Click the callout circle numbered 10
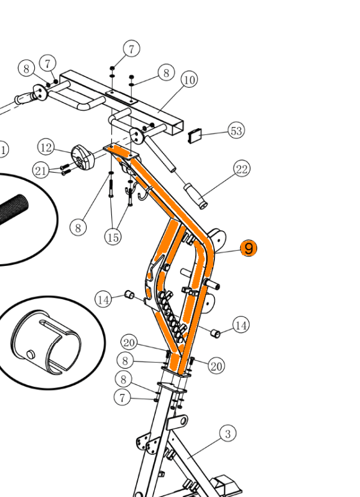pyautogui.click(x=190, y=79)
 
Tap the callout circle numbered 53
pyautogui.click(x=237, y=131)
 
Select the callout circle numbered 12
pyautogui.click(x=46, y=147)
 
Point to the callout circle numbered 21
pyautogui.click(x=40, y=170)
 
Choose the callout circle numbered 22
pyautogui.click(x=241, y=168)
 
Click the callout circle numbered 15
pyautogui.click(x=113, y=237)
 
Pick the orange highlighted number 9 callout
pyautogui.click(x=249, y=248)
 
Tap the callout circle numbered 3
pyautogui.click(x=228, y=433)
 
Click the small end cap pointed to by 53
pyautogui.click(x=195, y=136)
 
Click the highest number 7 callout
pyautogui.click(x=131, y=49)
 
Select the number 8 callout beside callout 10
pyautogui.click(x=166, y=72)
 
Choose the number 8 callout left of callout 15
pyautogui.click(x=78, y=227)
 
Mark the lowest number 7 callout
pyautogui.click(x=122, y=397)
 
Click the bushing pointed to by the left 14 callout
pyautogui.click(x=129, y=294)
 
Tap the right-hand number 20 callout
pyautogui.click(x=216, y=366)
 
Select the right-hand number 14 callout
pyautogui.click(x=241, y=325)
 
